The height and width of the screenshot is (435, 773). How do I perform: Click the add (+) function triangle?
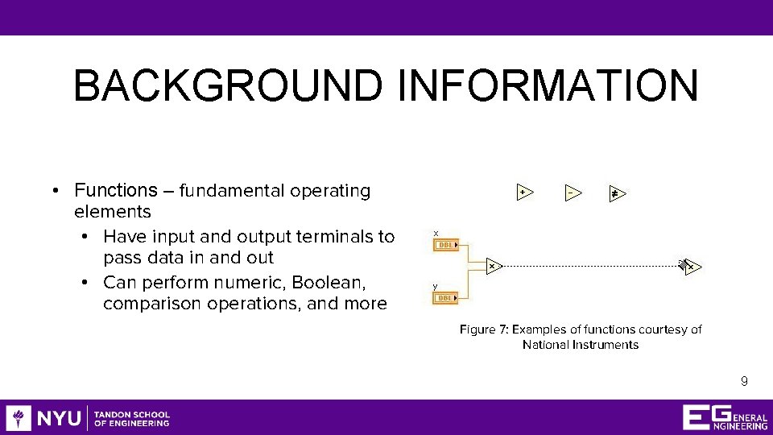click(523, 193)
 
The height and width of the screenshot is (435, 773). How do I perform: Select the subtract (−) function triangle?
click(571, 193)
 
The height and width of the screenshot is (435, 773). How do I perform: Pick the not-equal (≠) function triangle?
click(616, 193)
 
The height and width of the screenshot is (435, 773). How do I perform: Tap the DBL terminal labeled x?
click(445, 244)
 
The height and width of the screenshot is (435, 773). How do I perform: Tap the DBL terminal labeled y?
click(445, 298)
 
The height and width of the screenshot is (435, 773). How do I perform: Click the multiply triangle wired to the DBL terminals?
click(494, 265)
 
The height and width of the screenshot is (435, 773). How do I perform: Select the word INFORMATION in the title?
click(548, 85)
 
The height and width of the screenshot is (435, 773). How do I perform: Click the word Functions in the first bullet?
click(116, 191)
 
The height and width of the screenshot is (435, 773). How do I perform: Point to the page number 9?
click(744, 381)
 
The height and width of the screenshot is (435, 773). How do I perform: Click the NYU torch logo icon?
click(19, 417)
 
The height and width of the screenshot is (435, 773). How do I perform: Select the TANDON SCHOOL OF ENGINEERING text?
click(132, 418)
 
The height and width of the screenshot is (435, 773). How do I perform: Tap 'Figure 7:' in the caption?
click(484, 329)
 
